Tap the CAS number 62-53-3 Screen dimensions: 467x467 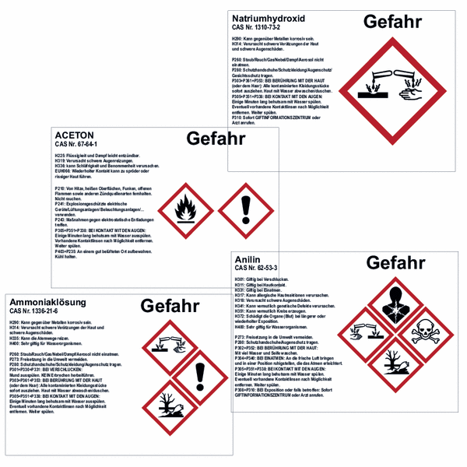(x=257, y=268)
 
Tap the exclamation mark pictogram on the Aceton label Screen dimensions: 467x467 (x=246, y=209)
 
